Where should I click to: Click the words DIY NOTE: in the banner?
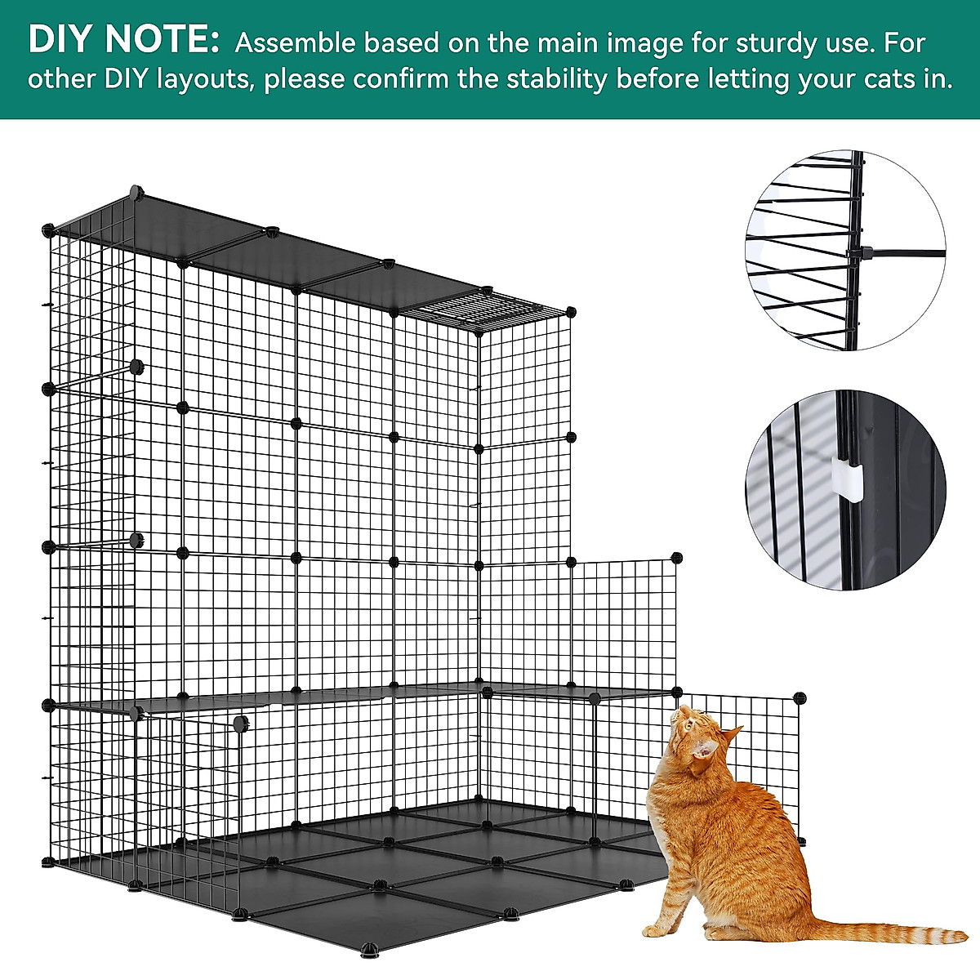point(123,40)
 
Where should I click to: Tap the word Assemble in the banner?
point(295,43)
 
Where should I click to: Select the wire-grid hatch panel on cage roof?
point(483,310)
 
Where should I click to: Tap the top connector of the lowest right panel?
point(799,697)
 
